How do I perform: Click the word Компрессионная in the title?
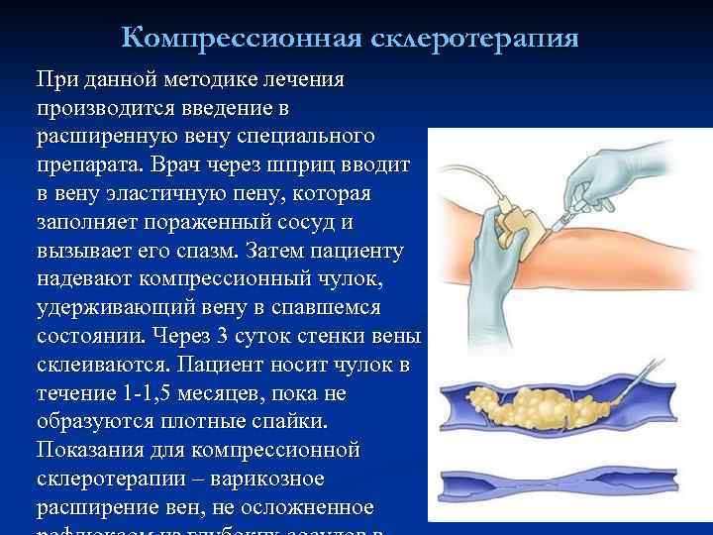243,39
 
